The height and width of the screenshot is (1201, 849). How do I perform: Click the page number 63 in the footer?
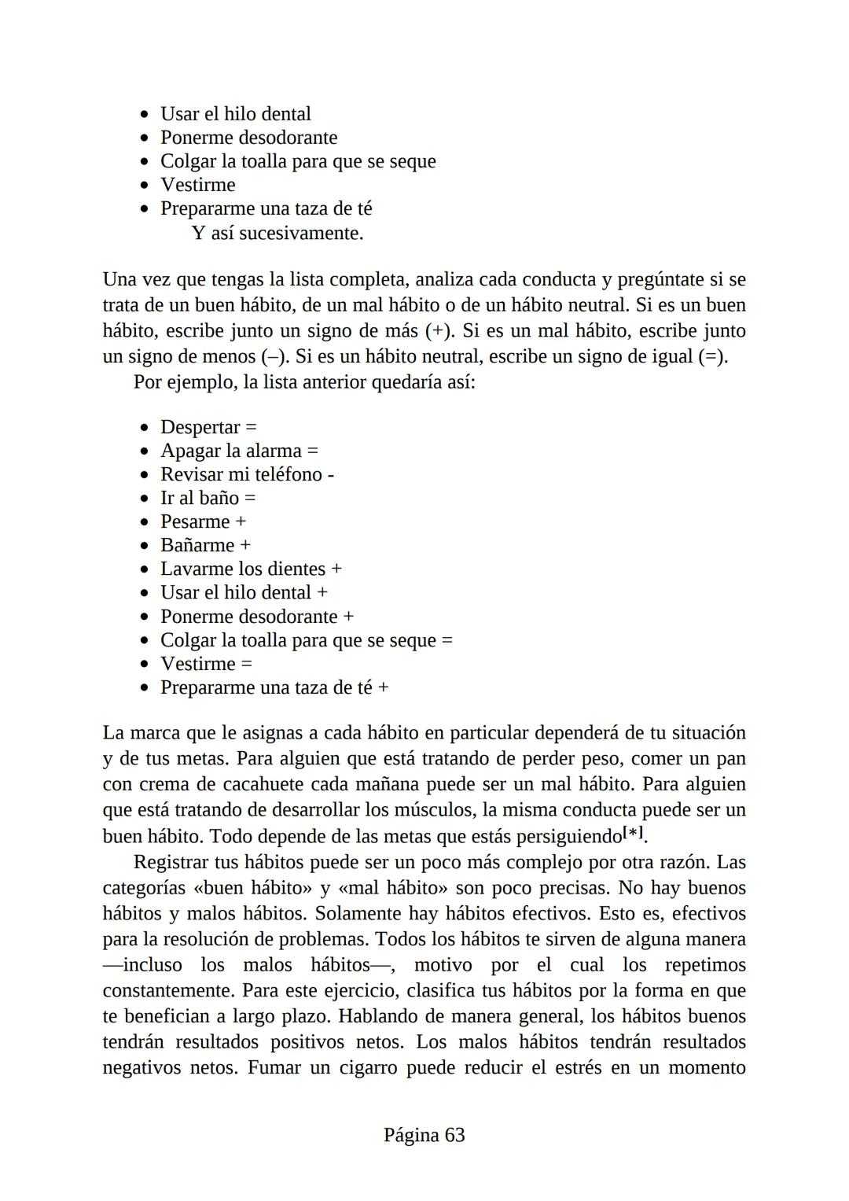[x=454, y=1135]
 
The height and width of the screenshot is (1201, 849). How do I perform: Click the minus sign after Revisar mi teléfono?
[x=330, y=475]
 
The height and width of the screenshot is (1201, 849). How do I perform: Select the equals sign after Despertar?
[x=251, y=427]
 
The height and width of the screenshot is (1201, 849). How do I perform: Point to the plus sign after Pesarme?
[x=241, y=521]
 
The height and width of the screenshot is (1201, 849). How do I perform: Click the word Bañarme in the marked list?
[x=197, y=545]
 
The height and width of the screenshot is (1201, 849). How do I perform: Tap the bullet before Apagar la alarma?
[x=144, y=451]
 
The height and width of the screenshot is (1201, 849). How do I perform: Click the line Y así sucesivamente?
[x=277, y=233]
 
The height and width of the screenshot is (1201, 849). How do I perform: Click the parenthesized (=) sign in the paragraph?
[x=712, y=356]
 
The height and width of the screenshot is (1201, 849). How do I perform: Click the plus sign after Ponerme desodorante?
[x=348, y=617]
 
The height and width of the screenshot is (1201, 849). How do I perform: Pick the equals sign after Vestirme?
[x=247, y=664]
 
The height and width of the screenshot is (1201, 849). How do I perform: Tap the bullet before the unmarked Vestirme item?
[x=144, y=186]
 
